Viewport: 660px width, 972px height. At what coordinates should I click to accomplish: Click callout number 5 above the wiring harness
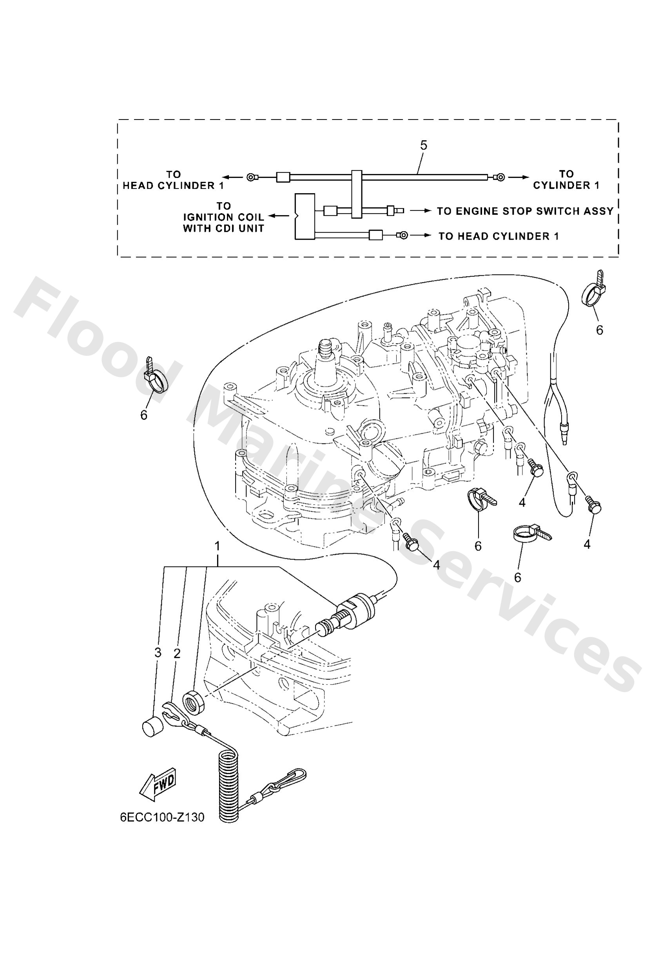(x=423, y=146)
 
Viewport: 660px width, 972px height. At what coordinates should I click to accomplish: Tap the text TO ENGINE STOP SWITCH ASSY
(x=525, y=211)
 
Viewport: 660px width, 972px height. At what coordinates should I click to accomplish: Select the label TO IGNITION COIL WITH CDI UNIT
(x=223, y=217)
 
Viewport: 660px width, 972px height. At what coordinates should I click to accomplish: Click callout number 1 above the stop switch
(x=217, y=546)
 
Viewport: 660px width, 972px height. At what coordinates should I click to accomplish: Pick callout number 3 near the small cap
(x=158, y=653)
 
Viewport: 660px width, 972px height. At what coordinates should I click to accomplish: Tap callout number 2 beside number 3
(x=177, y=654)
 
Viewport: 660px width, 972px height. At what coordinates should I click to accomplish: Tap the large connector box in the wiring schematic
(x=305, y=217)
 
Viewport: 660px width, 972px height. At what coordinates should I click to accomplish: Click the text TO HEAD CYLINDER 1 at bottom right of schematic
(x=498, y=236)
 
